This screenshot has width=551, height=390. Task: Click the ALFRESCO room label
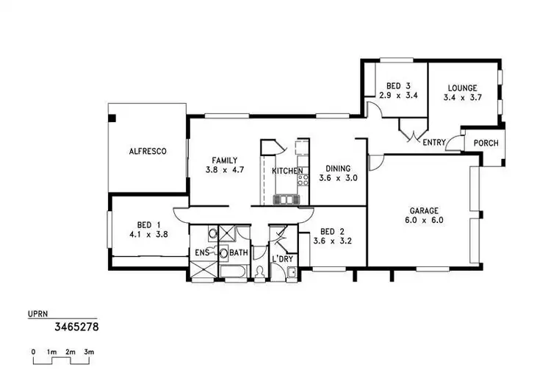pyautogui.click(x=148, y=152)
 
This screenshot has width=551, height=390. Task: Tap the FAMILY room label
pyautogui.click(x=224, y=160)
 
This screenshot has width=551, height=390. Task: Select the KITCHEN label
pyautogui.click(x=288, y=171)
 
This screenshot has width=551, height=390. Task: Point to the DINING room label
pyautogui.click(x=339, y=169)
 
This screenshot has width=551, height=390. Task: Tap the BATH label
pyautogui.click(x=239, y=253)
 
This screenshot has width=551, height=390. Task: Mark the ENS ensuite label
pyautogui.click(x=203, y=253)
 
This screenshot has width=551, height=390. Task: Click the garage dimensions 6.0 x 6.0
pyautogui.click(x=423, y=219)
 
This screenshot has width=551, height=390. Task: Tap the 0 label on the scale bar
pyautogui.click(x=34, y=352)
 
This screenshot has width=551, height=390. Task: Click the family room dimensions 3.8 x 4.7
pyautogui.click(x=224, y=169)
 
